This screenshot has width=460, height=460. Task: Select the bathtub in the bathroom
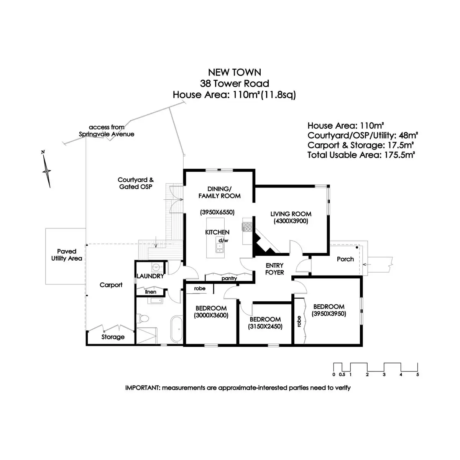(x=177, y=329)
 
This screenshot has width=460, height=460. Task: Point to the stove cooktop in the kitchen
(x=247, y=227)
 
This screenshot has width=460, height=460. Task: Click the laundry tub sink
(x=156, y=267)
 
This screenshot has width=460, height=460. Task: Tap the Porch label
(x=345, y=259)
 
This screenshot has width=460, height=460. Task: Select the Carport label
(x=111, y=285)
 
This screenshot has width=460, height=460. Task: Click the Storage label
(x=113, y=337)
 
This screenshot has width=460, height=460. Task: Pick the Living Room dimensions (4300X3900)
(x=291, y=221)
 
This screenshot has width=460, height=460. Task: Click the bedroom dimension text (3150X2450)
(x=265, y=327)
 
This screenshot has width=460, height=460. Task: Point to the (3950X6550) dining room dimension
(x=217, y=212)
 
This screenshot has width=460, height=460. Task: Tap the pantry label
(x=229, y=279)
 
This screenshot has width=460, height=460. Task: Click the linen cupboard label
(x=151, y=292)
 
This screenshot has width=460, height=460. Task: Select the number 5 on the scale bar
(x=417, y=375)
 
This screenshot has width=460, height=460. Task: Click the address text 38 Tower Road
(x=234, y=84)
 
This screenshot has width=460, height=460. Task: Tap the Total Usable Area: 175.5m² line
(x=361, y=155)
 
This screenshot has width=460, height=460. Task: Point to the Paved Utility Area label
(x=67, y=255)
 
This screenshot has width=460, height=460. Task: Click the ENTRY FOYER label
(x=274, y=269)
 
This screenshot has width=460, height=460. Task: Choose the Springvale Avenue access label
(x=107, y=131)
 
